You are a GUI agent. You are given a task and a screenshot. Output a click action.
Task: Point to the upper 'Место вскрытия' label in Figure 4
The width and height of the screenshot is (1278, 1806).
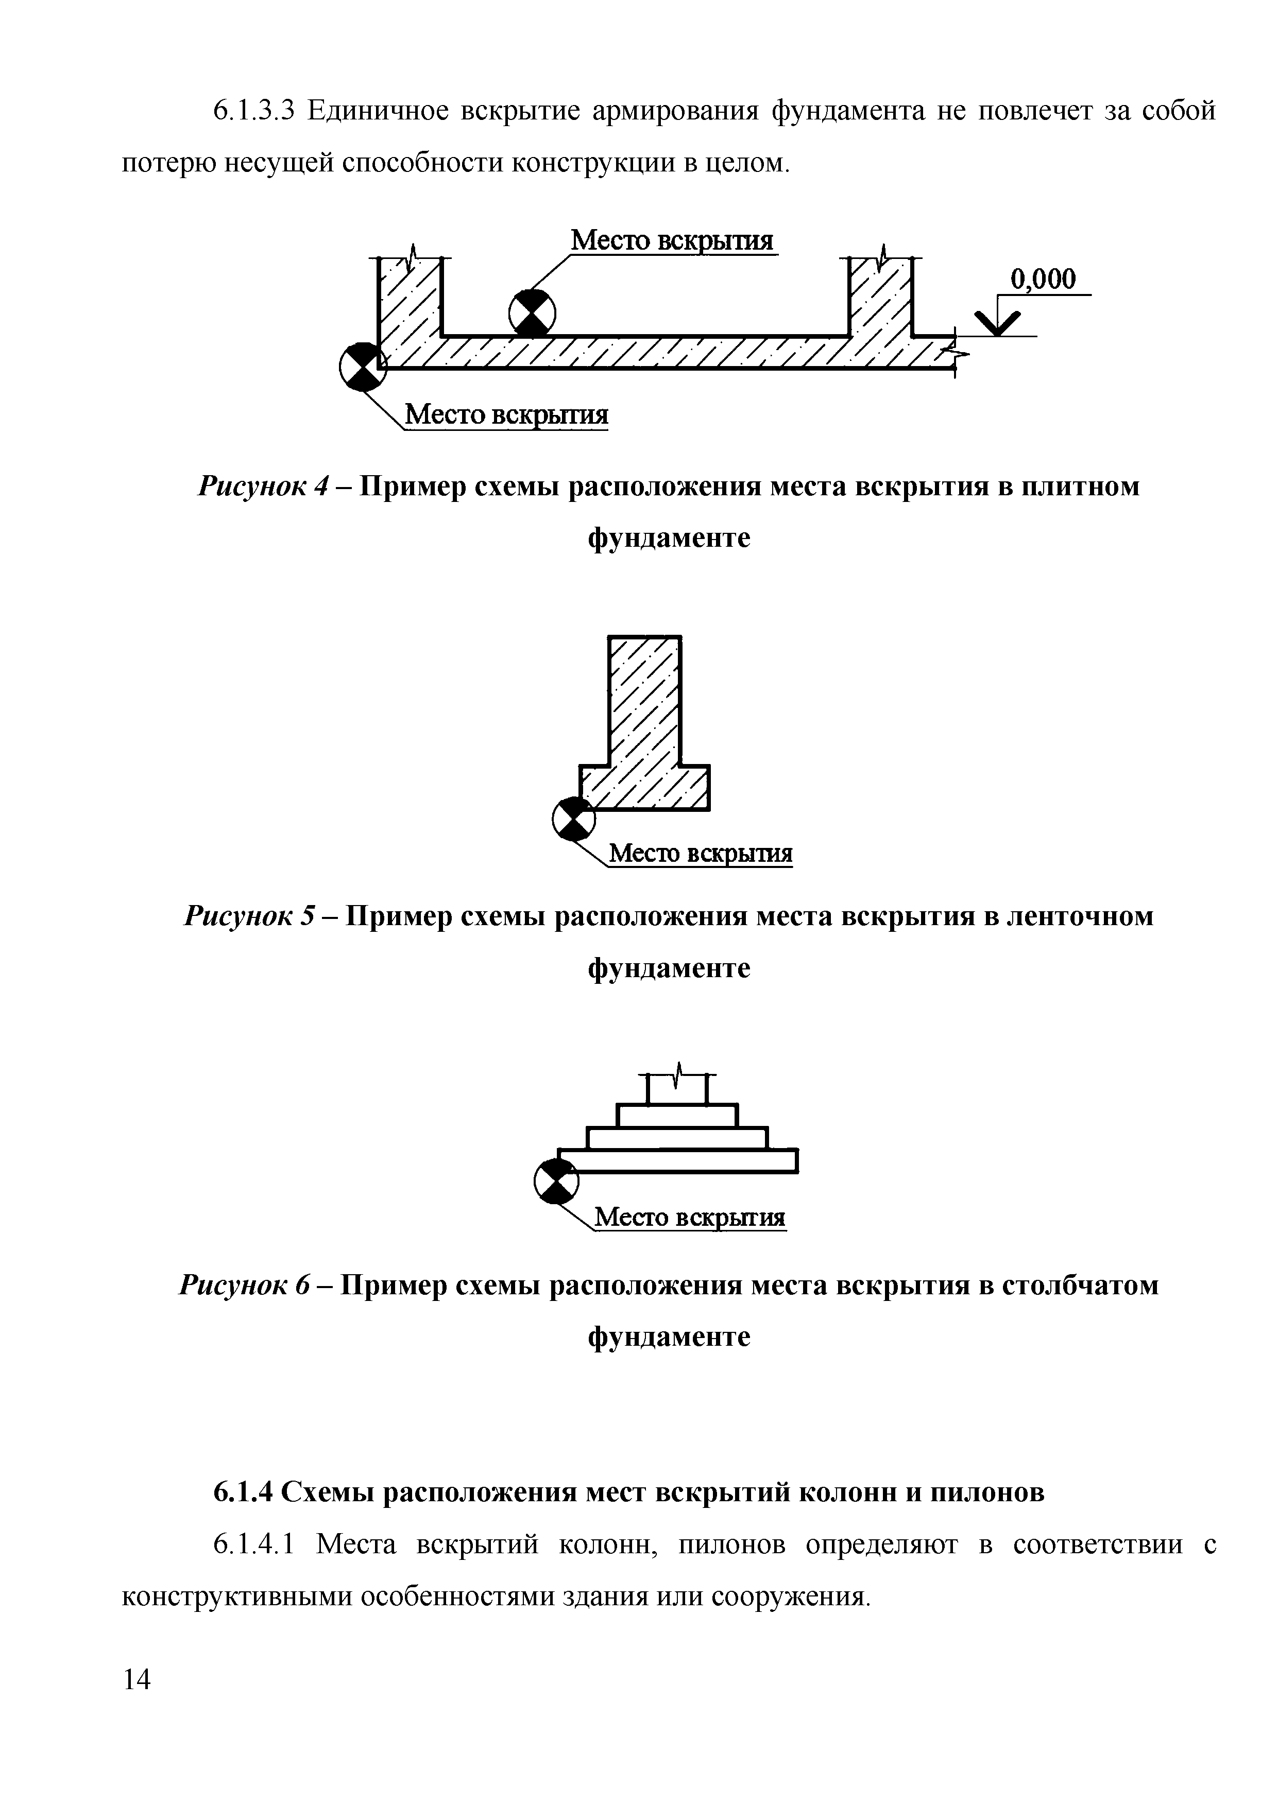click(672, 240)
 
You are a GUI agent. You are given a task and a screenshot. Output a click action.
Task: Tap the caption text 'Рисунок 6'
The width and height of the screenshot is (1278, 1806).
click(246, 1286)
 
